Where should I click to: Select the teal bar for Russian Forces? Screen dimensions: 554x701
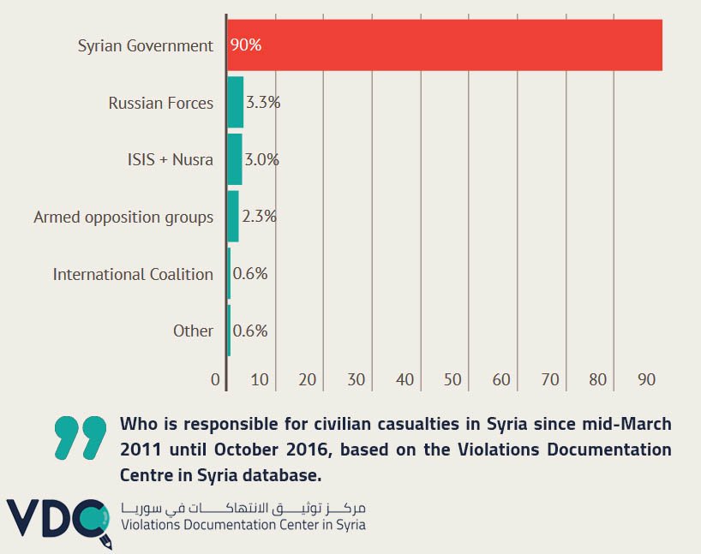pos(235,103)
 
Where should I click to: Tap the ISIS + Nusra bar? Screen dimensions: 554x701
pos(234,159)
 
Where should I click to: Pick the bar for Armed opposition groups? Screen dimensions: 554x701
pos(232,217)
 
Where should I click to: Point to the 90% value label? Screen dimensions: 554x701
pos(245,45)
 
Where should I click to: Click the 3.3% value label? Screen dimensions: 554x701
pos(263,103)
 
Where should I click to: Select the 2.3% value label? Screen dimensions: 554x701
pos(259,217)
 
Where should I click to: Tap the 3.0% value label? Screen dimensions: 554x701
pos(262,159)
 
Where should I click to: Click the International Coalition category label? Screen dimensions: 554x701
pos(133,274)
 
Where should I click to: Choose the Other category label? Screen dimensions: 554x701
pos(193,331)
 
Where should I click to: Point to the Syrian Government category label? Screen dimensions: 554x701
pos(146,45)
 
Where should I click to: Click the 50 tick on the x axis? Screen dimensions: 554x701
pos(452,379)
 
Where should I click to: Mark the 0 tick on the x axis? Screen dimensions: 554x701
pos(216,379)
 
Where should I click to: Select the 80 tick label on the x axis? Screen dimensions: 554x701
pos(598,379)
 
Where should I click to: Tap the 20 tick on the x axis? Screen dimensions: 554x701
pos(308,379)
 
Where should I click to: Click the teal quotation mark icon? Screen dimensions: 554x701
pos(80,437)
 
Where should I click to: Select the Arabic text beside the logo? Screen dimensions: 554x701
pos(243,507)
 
